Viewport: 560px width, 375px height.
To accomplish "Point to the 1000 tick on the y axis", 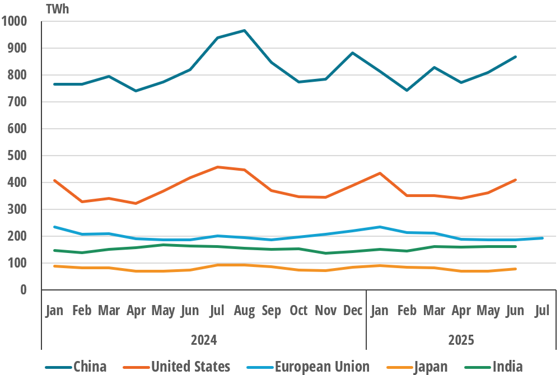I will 15,22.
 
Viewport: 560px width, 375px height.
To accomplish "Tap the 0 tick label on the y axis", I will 23,290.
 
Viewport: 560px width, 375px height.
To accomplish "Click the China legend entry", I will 90,367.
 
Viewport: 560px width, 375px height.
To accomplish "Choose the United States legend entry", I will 190,367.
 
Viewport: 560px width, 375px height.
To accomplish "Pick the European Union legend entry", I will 321,367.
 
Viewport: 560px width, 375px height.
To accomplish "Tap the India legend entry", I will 507,367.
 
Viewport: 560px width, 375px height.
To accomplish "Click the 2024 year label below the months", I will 204,340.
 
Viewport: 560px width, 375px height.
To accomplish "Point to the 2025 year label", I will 461,340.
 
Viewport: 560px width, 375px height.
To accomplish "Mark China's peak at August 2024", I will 244,30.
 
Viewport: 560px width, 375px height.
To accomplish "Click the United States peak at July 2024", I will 217,167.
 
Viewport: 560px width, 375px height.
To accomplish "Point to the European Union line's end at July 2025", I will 542,238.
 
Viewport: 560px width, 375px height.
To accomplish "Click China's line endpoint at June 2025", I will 515,57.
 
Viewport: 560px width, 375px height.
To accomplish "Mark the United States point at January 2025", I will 380,174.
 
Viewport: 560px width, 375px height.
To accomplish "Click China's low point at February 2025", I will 407,90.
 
